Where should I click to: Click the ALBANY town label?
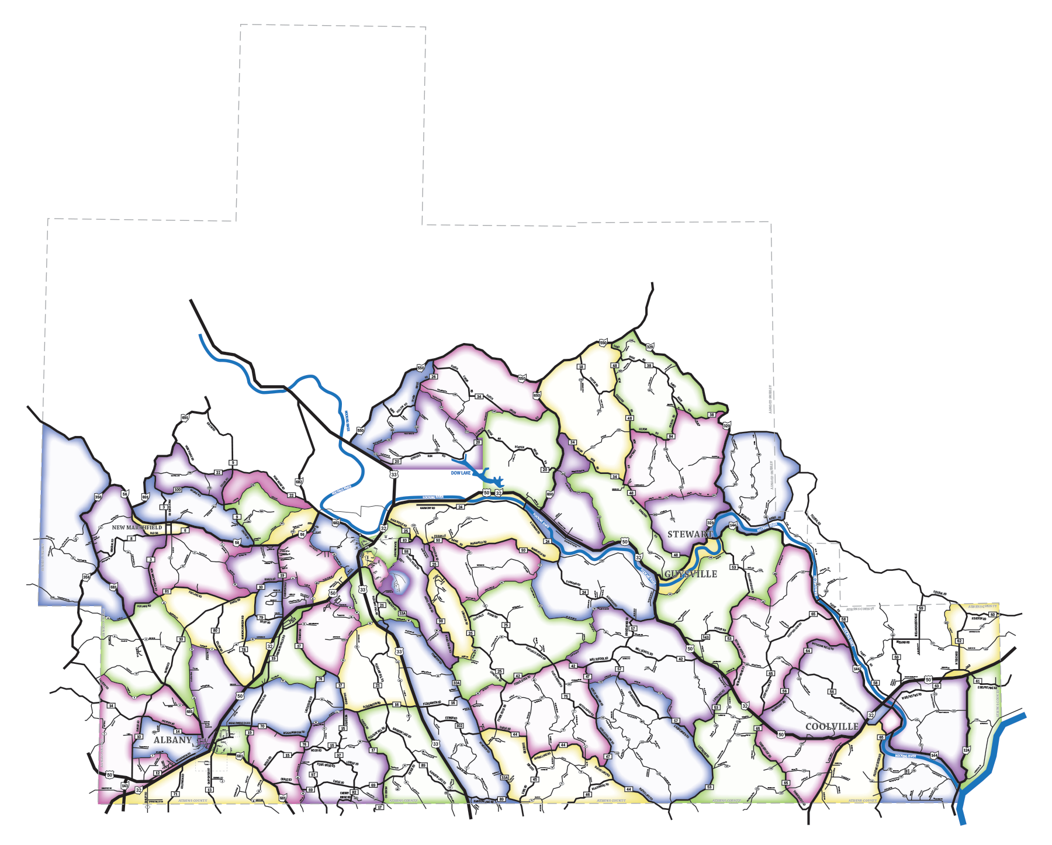(x=172, y=740)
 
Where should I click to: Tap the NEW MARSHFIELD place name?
(x=137, y=527)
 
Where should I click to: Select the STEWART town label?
(x=690, y=534)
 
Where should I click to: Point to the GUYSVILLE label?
(x=691, y=574)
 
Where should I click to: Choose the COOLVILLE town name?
(x=832, y=726)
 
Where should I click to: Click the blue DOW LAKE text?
(x=461, y=473)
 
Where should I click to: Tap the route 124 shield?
(x=966, y=750)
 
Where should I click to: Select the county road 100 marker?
(x=178, y=490)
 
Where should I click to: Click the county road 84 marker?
(x=671, y=436)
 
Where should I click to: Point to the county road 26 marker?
(x=434, y=377)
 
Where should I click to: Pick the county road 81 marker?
(x=167, y=591)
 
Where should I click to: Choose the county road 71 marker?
(x=175, y=794)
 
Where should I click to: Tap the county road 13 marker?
(x=210, y=790)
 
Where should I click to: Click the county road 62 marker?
(x=959, y=641)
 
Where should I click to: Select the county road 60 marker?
(x=992, y=614)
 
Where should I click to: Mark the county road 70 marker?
(x=262, y=726)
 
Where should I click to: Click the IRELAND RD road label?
(x=904, y=642)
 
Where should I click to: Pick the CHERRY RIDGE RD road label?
(x=344, y=795)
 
